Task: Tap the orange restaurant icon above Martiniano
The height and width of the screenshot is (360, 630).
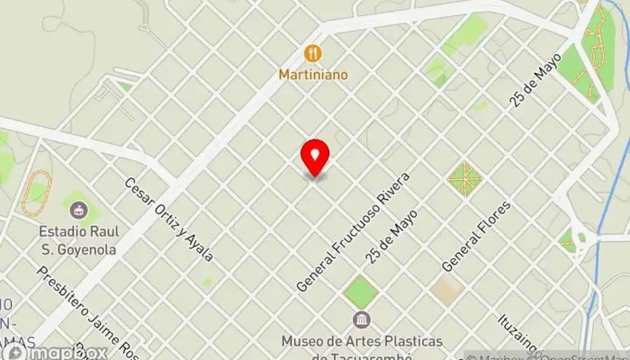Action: point(312,52)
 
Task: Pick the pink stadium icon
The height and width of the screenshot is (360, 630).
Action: point(79,211)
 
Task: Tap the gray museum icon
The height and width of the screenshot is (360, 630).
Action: point(362,320)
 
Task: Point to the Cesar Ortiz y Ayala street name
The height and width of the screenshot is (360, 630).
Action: point(168,219)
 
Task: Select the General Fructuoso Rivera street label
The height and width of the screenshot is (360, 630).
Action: point(353,230)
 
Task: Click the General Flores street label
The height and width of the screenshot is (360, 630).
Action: point(476,236)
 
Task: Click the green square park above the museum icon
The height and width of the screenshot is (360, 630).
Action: point(362,291)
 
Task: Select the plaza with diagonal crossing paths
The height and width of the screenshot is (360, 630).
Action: point(464,178)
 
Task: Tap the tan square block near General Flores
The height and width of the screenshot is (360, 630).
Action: point(445,290)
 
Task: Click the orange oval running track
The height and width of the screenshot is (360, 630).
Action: point(34,193)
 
